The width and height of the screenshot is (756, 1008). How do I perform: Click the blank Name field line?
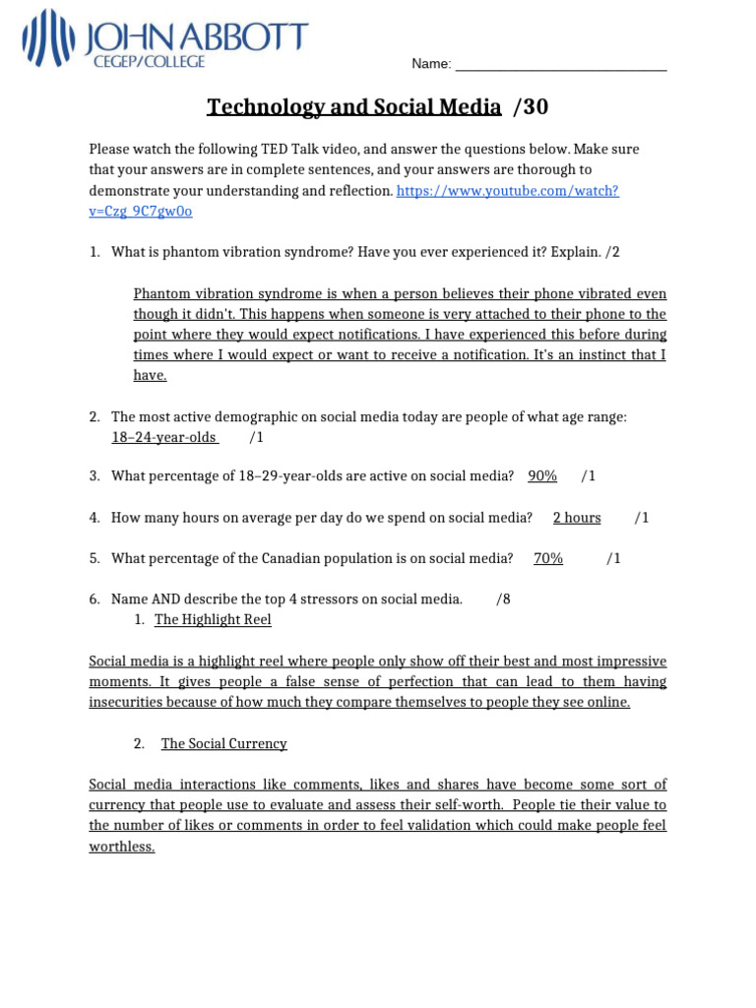click(x=561, y=65)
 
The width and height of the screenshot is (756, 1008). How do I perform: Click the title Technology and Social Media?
click(x=353, y=107)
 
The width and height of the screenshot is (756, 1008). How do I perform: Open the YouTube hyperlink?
click(x=507, y=191)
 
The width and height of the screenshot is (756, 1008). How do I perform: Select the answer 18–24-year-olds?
click(x=164, y=437)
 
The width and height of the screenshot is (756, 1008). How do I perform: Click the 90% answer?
click(x=542, y=476)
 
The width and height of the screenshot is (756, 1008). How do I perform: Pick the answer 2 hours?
click(x=577, y=518)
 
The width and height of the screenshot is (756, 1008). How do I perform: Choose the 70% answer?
click(x=548, y=559)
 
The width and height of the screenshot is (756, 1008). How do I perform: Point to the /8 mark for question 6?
click(x=504, y=599)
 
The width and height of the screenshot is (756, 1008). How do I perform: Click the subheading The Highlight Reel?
click(x=213, y=620)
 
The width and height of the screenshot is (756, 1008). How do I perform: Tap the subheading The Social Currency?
click(x=224, y=744)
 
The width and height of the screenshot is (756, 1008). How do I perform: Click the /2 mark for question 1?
click(x=612, y=253)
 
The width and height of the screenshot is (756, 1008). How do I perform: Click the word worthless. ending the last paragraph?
click(x=122, y=848)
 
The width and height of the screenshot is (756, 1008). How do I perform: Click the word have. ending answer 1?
click(x=151, y=375)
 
